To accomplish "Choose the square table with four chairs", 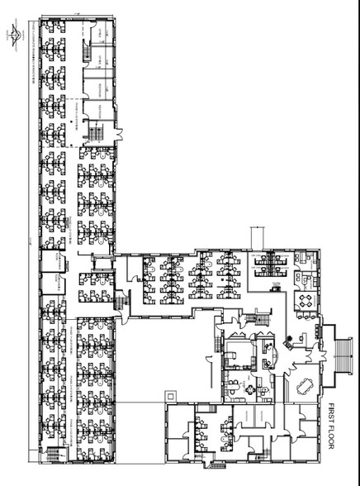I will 308,298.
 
